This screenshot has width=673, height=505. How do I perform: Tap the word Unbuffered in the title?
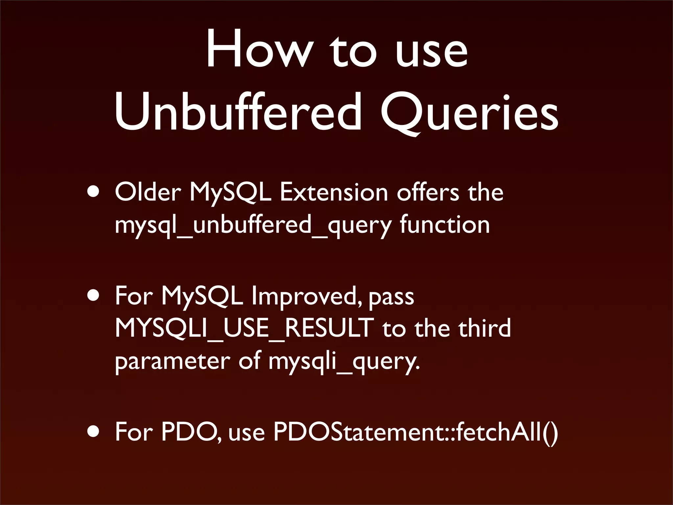pos(237,112)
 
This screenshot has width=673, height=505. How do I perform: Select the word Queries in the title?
pos(469,112)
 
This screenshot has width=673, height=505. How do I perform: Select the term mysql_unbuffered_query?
pos(253,226)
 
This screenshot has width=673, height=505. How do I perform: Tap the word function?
pos(445,225)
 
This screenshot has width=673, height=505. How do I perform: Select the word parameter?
pos(173,362)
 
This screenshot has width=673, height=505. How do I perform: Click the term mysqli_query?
pos(344,362)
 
